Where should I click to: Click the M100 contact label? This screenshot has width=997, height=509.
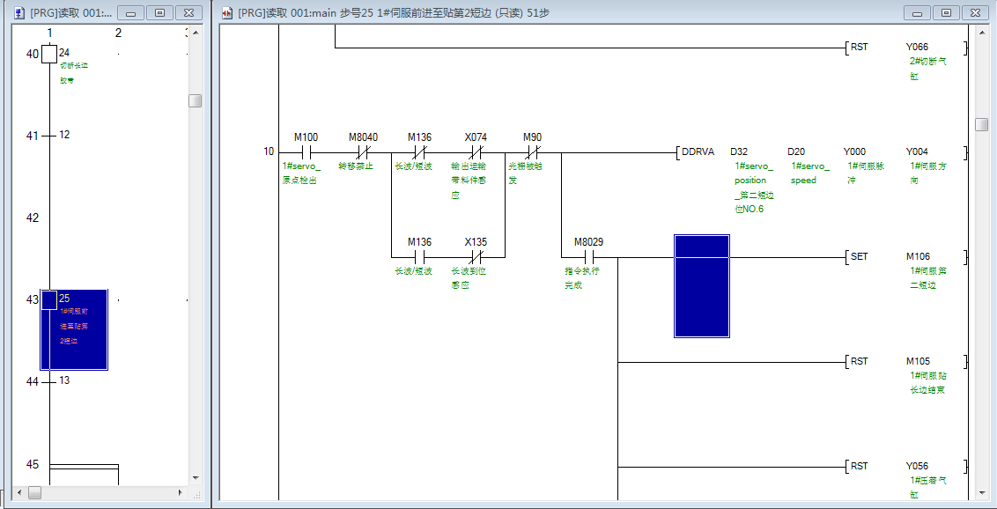[x=306, y=137]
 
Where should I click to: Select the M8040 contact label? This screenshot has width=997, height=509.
[x=363, y=137]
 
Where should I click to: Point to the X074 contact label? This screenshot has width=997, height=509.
[x=476, y=137]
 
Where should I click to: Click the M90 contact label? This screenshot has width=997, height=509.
[x=532, y=137]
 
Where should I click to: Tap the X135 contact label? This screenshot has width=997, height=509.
[x=476, y=242]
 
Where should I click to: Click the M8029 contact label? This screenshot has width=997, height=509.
[x=588, y=242]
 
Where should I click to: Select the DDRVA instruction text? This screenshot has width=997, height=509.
[x=698, y=151]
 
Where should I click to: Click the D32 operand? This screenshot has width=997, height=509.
[x=739, y=151]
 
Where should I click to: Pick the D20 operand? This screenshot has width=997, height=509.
[x=796, y=151]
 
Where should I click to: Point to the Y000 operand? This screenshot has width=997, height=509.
[x=854, y=151]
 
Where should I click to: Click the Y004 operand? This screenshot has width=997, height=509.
[x=917, y=151]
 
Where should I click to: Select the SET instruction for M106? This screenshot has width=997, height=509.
[x=859, y=257]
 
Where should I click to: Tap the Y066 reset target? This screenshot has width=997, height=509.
[x=917, y=47]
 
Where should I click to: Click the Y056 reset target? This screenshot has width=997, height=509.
[x=917, y=466]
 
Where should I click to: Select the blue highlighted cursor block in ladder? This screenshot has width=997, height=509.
[x=702, y=286]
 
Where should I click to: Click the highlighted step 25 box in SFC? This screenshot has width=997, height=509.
[x=49, y=300]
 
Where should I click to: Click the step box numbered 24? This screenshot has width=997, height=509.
[x=49, y=55]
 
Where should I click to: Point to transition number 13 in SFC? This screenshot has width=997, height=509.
[x=64, y=380]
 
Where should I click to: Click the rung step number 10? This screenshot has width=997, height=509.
[x=269, y=151]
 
